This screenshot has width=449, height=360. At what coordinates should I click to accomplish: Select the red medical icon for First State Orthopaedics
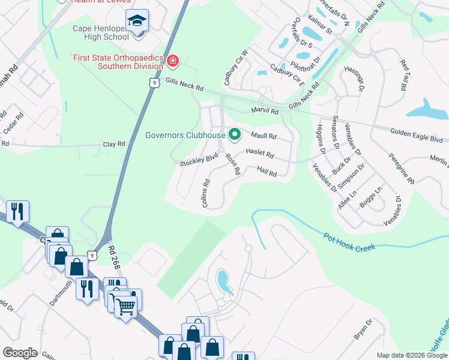[x=173, y=61]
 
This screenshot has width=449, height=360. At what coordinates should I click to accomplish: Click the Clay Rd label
[x=114, y=144]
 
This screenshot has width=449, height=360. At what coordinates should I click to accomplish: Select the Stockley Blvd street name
[x=199, y=161]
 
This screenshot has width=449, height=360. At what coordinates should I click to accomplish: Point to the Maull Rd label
[x=264, y=136]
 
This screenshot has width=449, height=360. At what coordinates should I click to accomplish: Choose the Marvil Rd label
[x=265, y=112]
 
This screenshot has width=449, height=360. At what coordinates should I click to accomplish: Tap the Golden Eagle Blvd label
[x=416, y=133]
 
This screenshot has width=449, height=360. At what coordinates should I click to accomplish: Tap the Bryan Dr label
[x=363, y=329]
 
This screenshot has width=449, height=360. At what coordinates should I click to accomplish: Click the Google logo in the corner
[x=20, y=352]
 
